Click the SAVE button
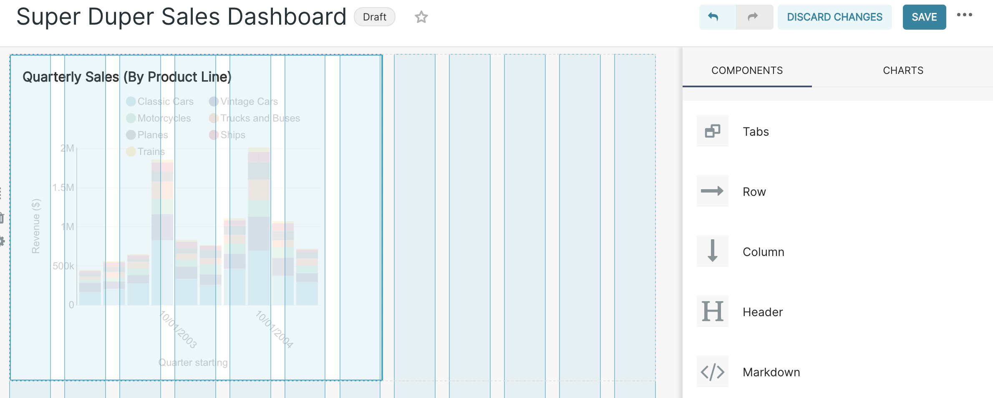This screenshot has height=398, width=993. click(x=924, y=17)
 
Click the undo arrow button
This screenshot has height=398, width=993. click(x=713, y=17)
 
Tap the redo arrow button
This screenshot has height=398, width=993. click(x=753, y=17)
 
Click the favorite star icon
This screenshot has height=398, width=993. click(x=421, y=17)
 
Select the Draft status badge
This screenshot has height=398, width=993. click(x=374, y=17)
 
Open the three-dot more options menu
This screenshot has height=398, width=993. click(x=965, y=15)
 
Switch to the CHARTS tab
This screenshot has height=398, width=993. click(x=903, y=71)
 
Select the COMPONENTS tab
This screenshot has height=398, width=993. click(x=747, y=71)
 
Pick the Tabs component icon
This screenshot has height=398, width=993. click(x=713, y=131)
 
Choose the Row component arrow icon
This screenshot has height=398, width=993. click(x=713, y=191)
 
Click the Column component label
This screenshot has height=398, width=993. click(x=764, y=252)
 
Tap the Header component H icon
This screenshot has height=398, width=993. click(x=713, y=312)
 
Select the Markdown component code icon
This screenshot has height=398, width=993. click(x=713, y=372)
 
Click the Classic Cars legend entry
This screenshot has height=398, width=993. click(x=165, y=101)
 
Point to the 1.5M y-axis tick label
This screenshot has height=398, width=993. click(x=63, y=188)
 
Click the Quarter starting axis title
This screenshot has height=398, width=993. click(x=193, y=363)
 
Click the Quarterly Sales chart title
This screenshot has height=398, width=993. click(x=127, y=77)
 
